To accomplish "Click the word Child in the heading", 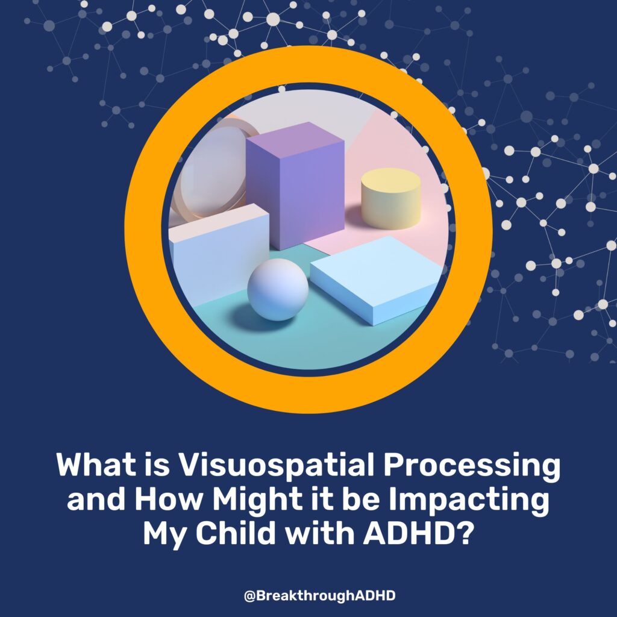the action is (236, 533).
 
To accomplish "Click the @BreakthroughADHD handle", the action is (319, 595).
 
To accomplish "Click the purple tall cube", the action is (295, 186).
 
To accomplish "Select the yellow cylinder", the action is (390, 199).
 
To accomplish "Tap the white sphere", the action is (278, 289).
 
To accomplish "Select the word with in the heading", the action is (319, 533).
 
